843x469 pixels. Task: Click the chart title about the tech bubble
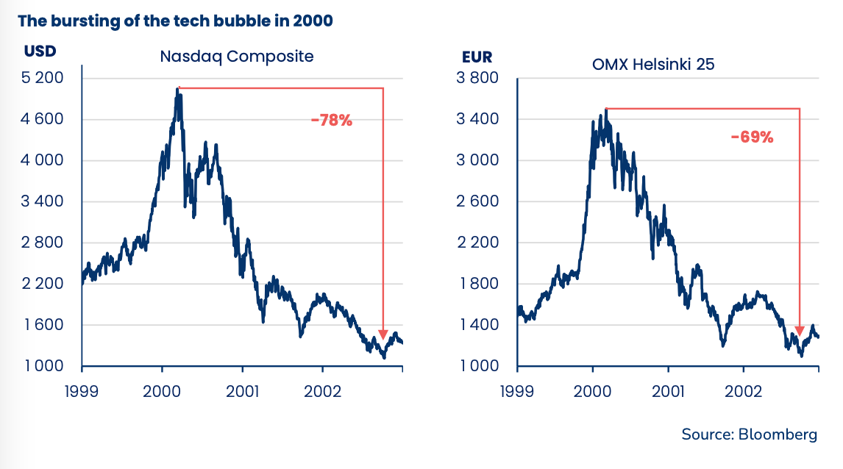(175, 21)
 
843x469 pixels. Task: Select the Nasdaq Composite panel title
(237, 57)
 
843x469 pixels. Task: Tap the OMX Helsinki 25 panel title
(653, 64)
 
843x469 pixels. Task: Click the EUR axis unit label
(477, 57)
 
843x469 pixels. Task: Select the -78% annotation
(331, 121)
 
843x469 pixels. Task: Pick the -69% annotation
(752, 137)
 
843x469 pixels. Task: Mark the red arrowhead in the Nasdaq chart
(383, 334)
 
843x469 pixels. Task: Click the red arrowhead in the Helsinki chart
(800, 330)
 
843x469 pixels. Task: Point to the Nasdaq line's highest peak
(178, 89)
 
